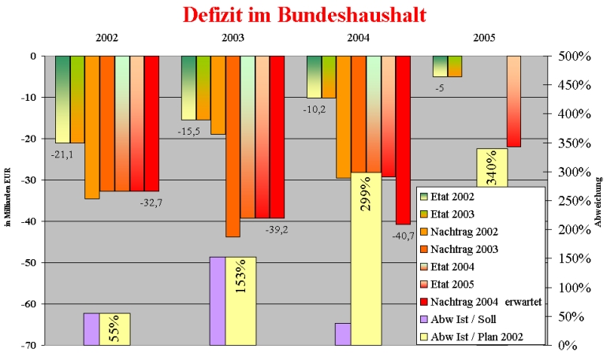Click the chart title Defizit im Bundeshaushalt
(304, 14)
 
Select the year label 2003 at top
(233, 38)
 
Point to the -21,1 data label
(63, 154)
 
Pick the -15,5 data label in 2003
(189, 131)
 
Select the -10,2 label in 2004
(315, 109)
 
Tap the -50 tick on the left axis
(36, 262)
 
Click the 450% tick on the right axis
(570, 85)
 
